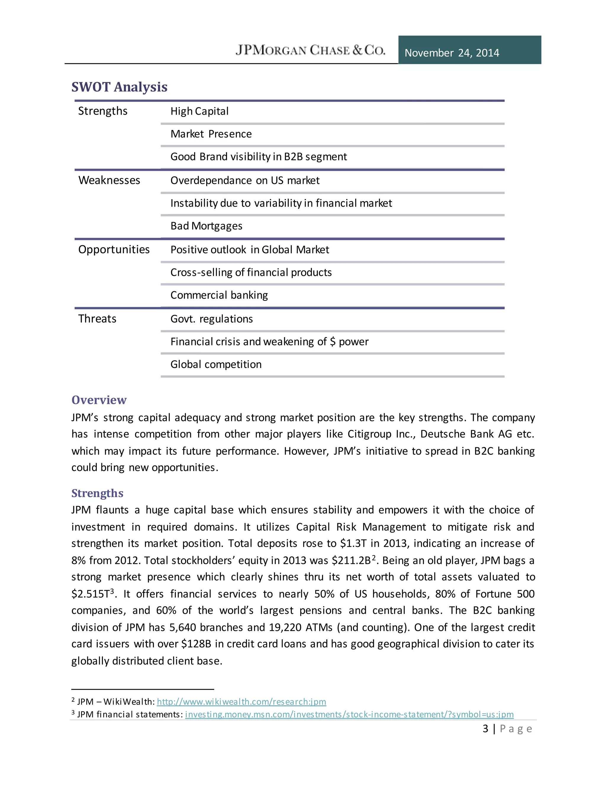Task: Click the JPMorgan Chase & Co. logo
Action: click(310, 50)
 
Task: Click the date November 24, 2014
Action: click(452, 53)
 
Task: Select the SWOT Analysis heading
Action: click(119, 87)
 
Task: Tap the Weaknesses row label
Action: click(109, 180)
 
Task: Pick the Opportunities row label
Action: click(114, 249)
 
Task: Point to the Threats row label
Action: click(97, 319)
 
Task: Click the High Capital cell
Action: click(199, 111)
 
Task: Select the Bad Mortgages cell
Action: click(207, 226)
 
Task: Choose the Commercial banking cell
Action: click(219, 295)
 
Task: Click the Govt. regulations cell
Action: click(212, 319)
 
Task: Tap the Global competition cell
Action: click(216, 364)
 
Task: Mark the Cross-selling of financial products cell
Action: click(251, 273)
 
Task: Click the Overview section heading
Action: click(99, 400)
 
